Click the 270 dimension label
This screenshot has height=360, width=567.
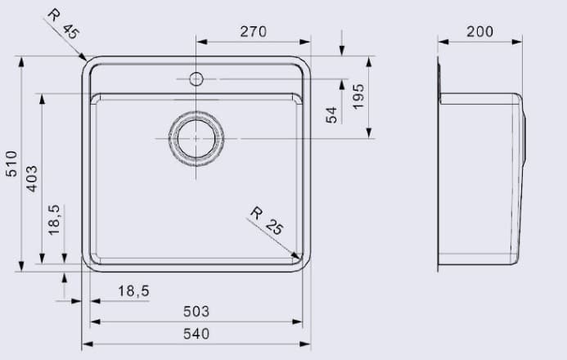click(253, 31)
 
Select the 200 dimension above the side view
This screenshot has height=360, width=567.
click(479, 31)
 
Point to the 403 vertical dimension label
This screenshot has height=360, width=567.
click(32, 178)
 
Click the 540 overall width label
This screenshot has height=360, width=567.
click(196, 333)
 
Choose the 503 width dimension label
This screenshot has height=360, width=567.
click(196, 312)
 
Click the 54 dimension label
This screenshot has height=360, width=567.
click(331, 115)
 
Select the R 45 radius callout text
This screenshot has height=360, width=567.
click(62, 24)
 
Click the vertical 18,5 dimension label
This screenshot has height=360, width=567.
click(54, 220)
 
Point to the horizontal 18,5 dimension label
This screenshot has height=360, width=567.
click(133, 290)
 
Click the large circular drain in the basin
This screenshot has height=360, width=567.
click(196, 139)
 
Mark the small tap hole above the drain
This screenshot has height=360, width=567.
click(196, 79)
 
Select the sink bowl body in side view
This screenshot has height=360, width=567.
click(479, 176)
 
